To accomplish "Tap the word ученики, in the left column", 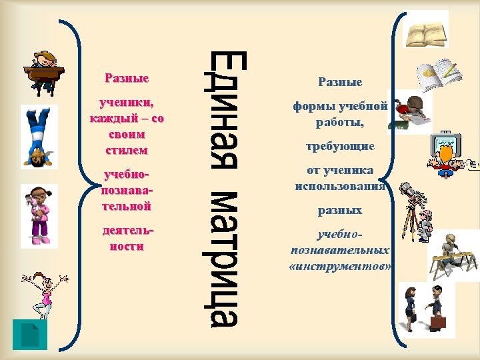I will [x=126, y=104].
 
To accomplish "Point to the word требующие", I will [x=341, y=145].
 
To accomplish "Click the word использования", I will [x=341, y=187].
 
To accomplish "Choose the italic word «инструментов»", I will [x=341, y=266].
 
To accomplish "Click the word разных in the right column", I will [x=340, y=210].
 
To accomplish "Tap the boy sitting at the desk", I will [x=43, y=69].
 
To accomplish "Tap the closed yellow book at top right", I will [x=427, y=31].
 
